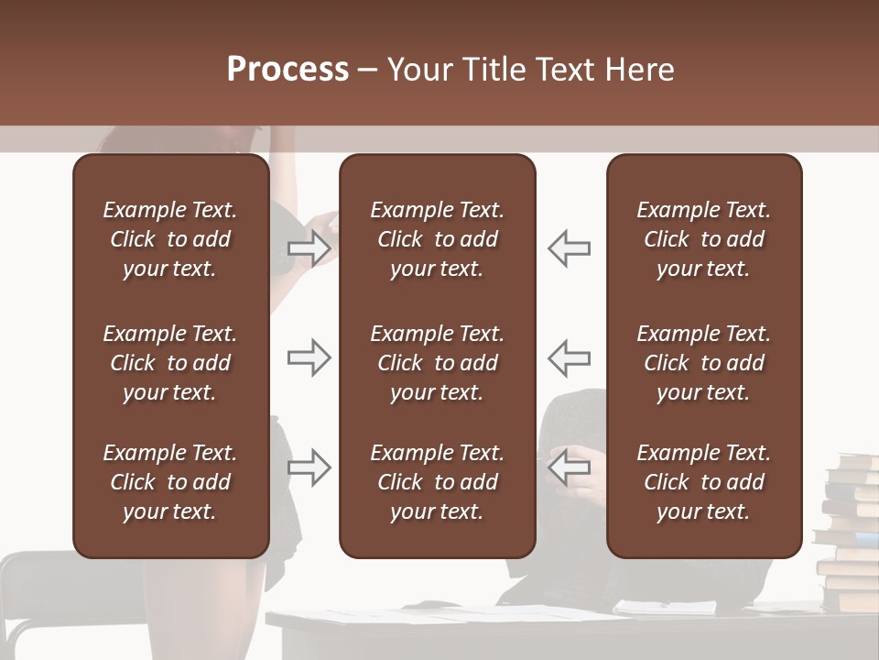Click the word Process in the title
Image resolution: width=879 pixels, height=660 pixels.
point(288,70)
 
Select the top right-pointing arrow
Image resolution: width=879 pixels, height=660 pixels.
point(309,248)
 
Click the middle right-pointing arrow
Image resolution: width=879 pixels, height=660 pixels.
point(309,357)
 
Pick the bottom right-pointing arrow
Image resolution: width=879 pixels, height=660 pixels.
point(309,467)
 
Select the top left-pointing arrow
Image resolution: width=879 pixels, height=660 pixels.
point(569,248)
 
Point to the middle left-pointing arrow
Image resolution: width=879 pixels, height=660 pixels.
point(569,357)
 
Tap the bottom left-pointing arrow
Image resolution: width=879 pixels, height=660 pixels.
point(569,467)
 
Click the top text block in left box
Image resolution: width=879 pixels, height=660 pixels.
point(170,239)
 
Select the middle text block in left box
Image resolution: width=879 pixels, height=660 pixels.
point(170,363)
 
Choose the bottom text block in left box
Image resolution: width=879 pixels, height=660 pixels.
point(170,482)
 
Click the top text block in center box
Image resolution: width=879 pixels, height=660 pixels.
point(437,239)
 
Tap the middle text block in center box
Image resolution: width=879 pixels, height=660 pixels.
point(437,363)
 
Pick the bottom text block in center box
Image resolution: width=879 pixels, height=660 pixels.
point(437,482)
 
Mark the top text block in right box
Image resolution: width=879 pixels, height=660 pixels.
point(703,239)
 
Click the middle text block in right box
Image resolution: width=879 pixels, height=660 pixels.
point(703,363)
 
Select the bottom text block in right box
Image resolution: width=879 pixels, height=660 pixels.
point(703,482)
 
